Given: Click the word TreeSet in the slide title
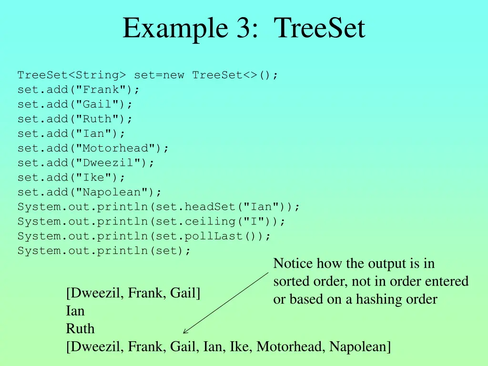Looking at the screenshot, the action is tap(319, 28).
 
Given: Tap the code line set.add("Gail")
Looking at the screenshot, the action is tap(75, 104).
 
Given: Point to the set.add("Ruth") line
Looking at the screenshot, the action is tap(75, 119).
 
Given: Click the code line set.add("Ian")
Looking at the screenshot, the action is tap(71, 133).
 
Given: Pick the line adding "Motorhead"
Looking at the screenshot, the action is tap(93, 148).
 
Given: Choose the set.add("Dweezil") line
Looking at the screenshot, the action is tap(86, 163).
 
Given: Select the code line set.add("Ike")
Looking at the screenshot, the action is tap(71, 177).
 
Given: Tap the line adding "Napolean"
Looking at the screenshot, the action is tap(90, 192).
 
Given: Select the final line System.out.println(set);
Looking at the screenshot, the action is tap(104, 251).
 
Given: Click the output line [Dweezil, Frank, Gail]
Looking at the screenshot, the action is tap(133, 293).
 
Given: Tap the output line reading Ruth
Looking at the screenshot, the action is tap(80, 329).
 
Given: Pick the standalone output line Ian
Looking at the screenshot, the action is tap(75, 311).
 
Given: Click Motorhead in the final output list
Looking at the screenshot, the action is tap(290, 347).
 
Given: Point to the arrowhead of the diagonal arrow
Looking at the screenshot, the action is tap(184, 333).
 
